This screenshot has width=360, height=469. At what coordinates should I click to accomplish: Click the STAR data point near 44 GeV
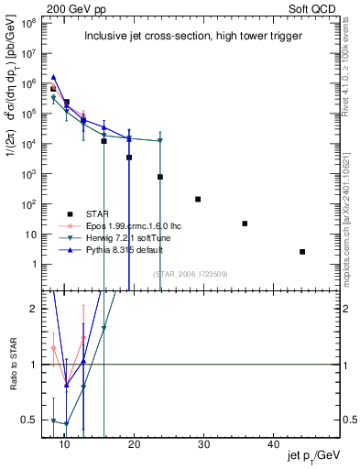coord(302,252)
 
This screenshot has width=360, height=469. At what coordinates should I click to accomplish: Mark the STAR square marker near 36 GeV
coord(245,224)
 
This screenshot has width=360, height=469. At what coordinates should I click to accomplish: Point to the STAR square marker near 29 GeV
coord(198,199)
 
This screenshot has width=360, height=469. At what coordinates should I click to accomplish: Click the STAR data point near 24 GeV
coord(160,177)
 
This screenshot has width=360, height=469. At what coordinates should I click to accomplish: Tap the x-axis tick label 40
coord(274,444)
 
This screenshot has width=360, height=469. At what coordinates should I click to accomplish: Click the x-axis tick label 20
coord(135,444)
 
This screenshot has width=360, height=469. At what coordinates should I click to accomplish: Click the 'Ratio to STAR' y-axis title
coord(12,365)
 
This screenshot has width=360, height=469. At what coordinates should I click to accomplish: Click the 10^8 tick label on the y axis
coord(29,21)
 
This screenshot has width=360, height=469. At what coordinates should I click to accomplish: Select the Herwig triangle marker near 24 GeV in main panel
coord(160,141)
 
